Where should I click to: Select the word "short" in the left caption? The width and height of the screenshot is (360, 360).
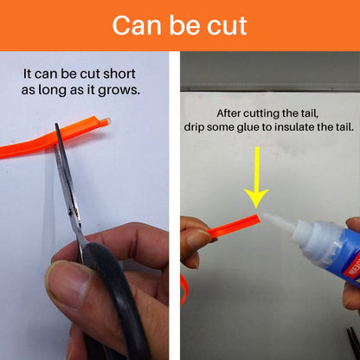[x=119, y=74]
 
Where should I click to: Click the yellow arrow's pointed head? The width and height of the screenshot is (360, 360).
[x=256, y=208]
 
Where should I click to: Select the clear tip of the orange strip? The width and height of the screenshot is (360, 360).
[x=106, y=122]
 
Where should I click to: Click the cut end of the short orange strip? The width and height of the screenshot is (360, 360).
[x=258, y=219]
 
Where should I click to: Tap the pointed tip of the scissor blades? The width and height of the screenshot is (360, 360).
[x=56, y=125]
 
